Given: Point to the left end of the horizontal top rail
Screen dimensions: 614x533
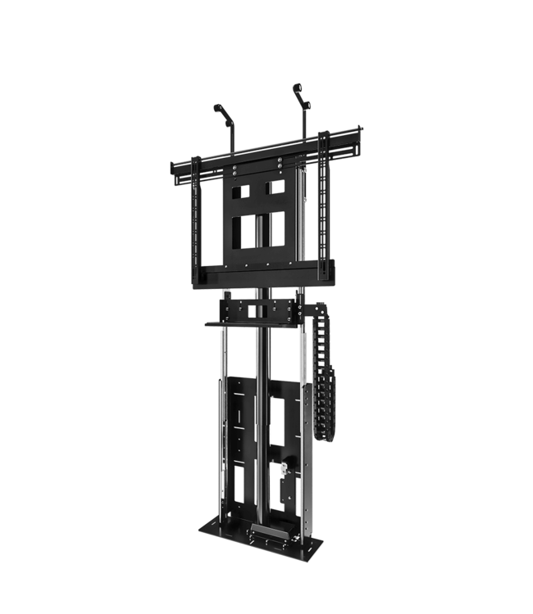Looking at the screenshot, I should pyautogui.click(x=173, y=168).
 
